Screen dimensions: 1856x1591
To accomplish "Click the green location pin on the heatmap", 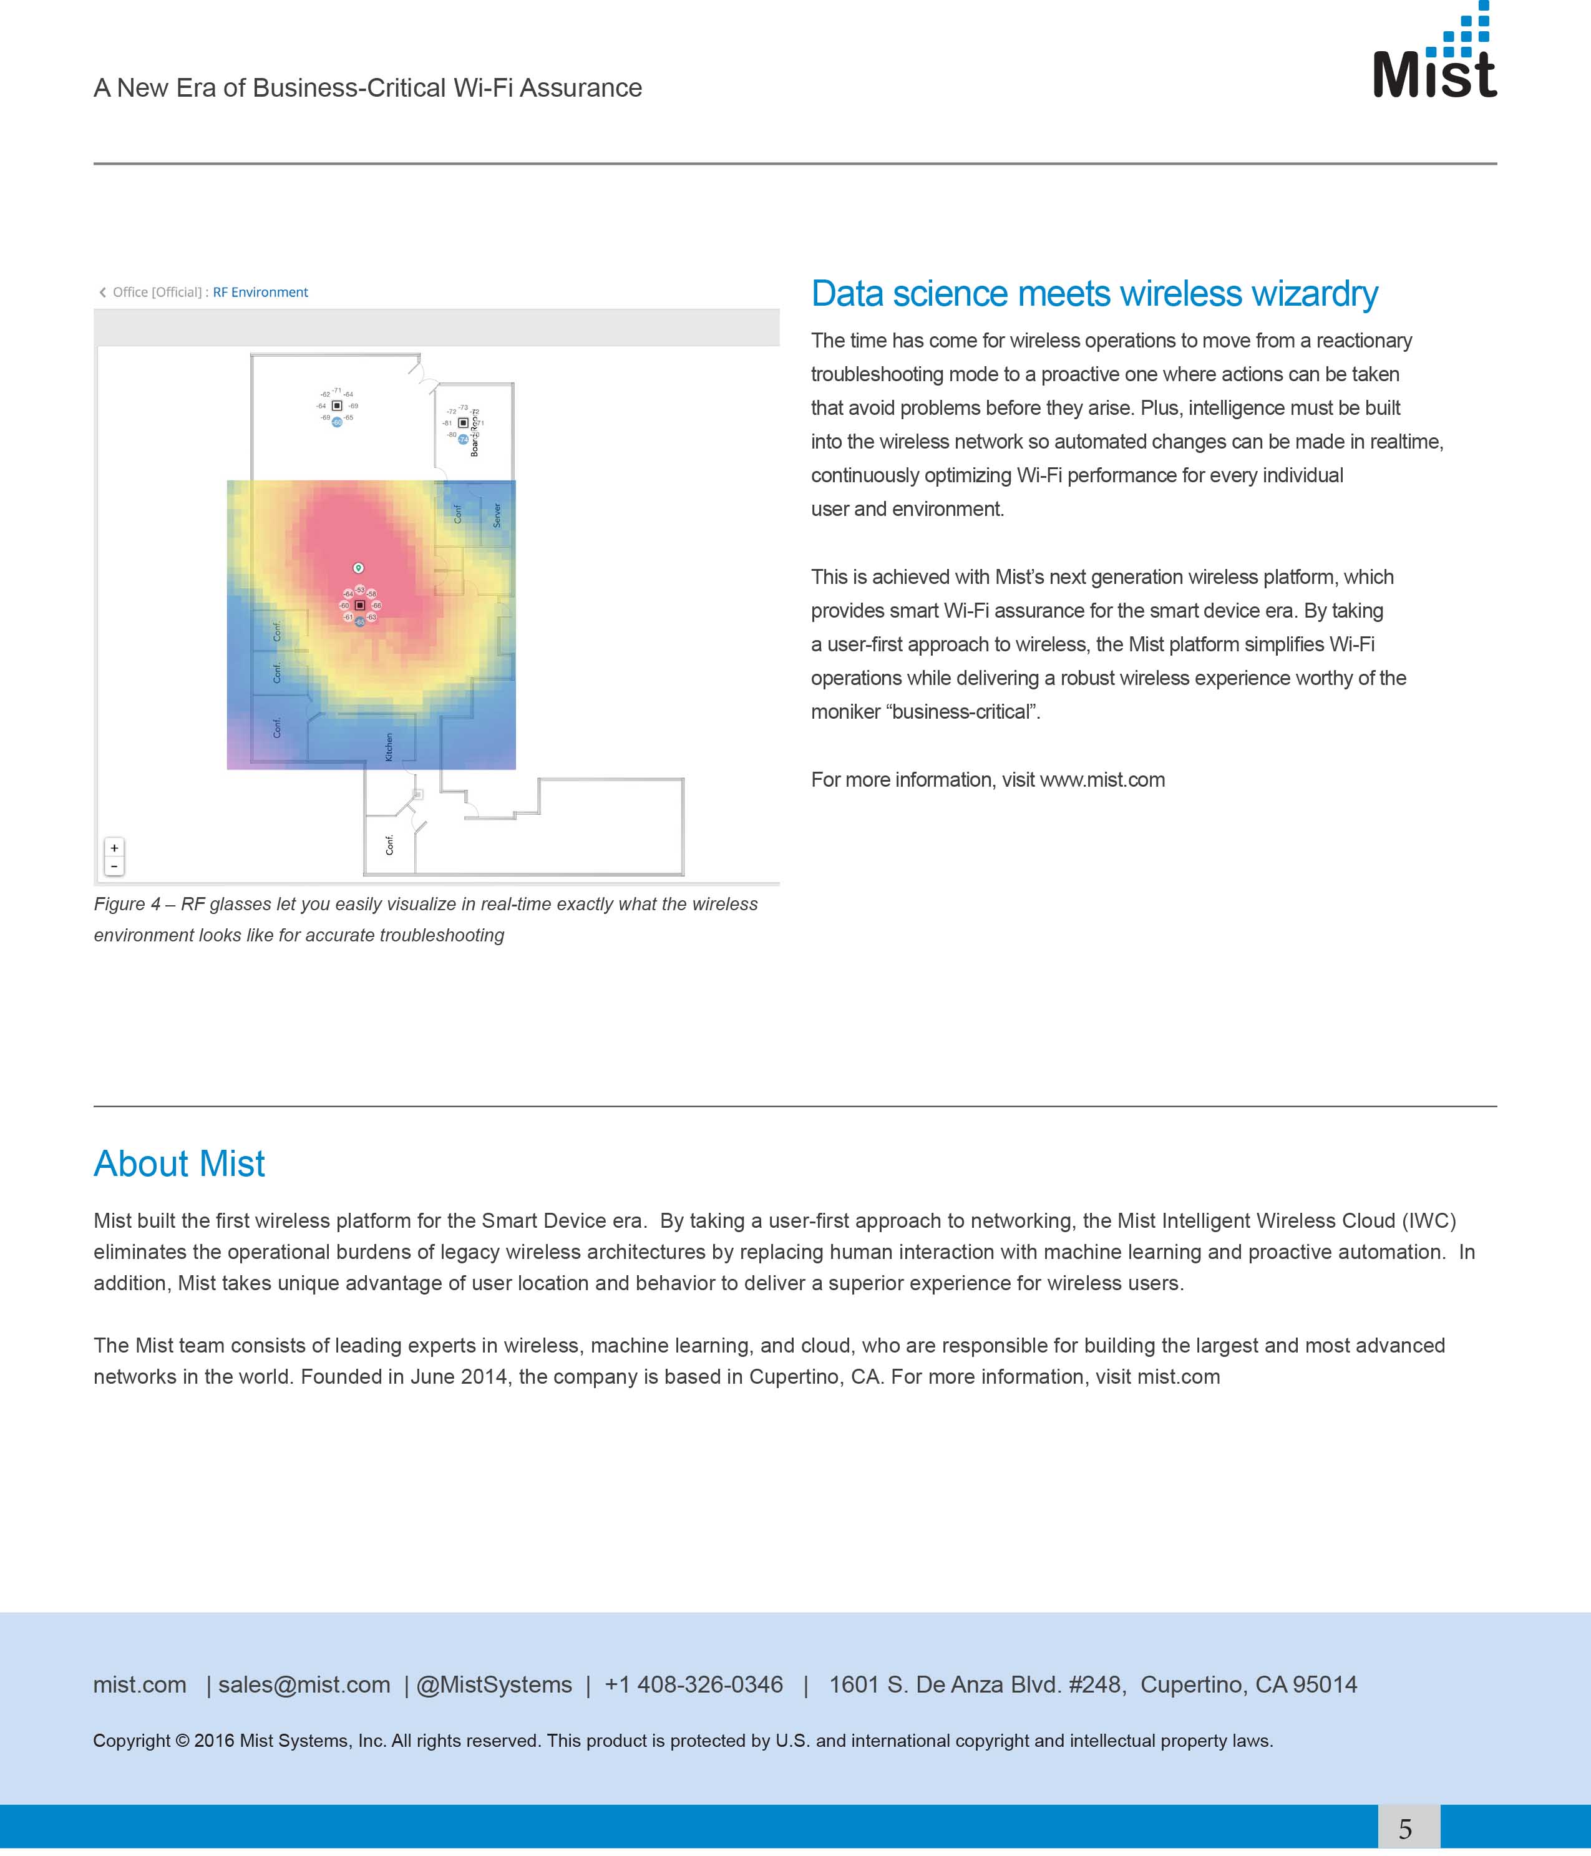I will (x=358, y=568).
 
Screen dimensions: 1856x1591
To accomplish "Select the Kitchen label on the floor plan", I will (x=389, y=747).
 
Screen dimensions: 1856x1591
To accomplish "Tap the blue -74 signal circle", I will (x=463, y=440).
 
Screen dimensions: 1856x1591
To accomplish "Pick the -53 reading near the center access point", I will (x=360, y=590).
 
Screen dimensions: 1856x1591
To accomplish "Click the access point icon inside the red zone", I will (x=360, y=606).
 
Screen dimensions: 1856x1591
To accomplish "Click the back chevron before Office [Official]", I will (x=102, y=292).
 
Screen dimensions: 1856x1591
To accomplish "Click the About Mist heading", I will (x=179, y=1164).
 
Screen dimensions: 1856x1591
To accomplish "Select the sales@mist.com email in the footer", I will (x=304, y=1685).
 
